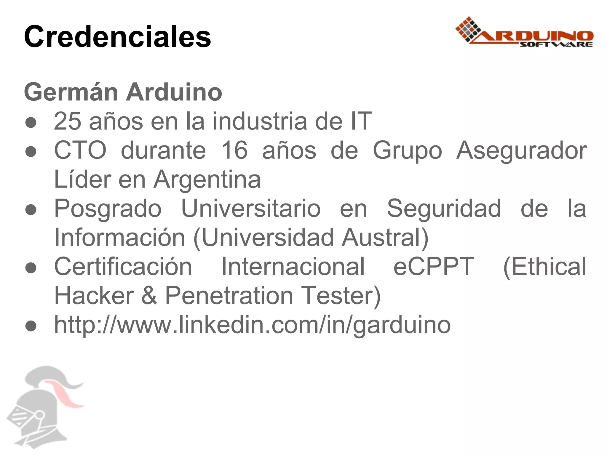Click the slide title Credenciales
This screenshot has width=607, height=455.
(117, 37)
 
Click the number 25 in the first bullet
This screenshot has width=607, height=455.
(67, 121)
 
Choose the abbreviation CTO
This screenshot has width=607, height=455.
(80, 150)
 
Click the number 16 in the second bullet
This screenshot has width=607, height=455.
(234, 150)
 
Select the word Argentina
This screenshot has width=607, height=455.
(207, 180)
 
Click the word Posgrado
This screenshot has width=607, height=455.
(108, 209)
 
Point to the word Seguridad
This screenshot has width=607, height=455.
(444, 208)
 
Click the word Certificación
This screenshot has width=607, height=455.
(123, 267)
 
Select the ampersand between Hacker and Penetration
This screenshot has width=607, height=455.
(149, 295)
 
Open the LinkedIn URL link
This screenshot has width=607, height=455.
(252, 325)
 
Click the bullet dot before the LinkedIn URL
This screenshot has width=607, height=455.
(31, 326)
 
